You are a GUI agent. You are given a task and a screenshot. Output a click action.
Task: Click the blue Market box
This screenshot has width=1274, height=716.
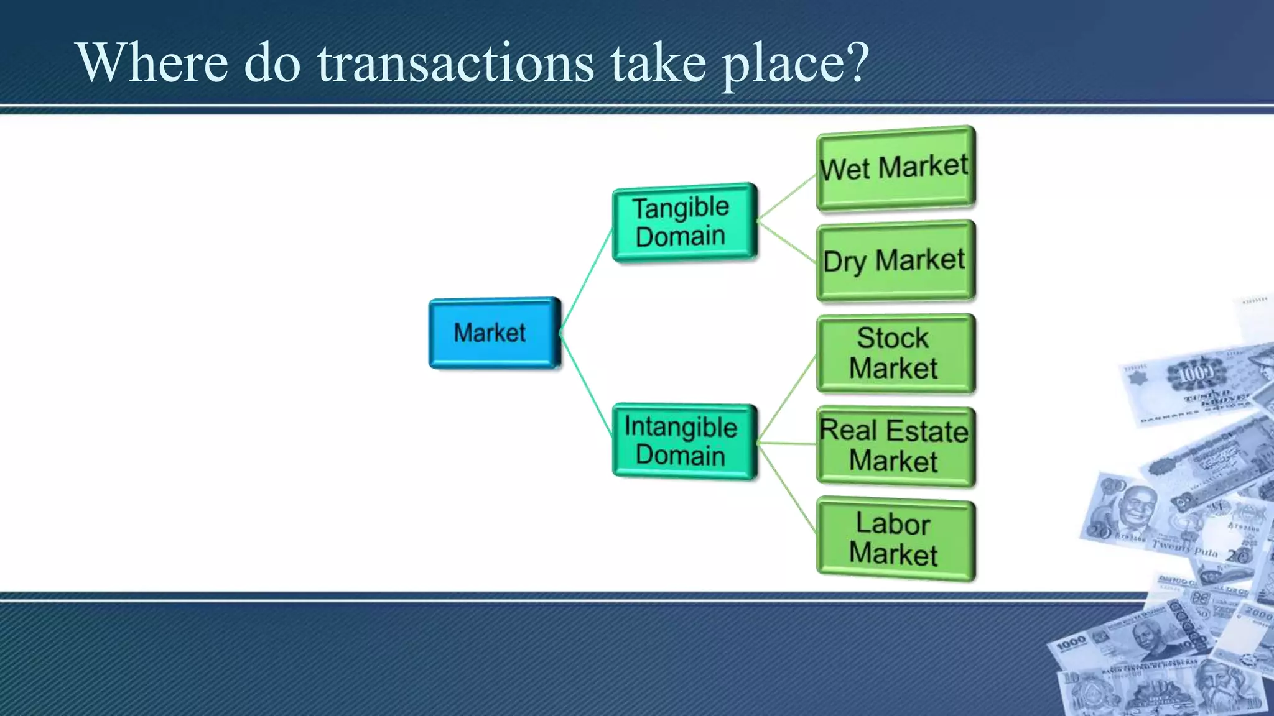[495, 333]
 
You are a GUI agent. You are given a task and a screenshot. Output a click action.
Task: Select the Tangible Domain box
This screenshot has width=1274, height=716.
[684, 222]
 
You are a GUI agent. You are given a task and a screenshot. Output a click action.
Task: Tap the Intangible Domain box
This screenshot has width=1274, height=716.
[684, 441]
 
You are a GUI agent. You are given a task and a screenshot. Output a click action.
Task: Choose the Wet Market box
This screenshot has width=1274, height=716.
[895, 168]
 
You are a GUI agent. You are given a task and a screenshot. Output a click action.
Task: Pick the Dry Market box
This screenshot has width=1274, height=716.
[895, 261]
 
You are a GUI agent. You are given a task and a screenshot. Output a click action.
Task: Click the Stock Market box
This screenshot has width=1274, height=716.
[895, 354]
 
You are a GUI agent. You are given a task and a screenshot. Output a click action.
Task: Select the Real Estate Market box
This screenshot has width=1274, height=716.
[895, 446]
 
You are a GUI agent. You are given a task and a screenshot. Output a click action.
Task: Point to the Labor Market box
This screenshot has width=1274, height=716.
[895, 539]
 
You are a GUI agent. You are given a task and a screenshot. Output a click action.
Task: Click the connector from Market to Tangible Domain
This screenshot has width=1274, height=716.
[587, 281]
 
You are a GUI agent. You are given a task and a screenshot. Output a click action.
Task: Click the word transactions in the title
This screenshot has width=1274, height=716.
[456, 63]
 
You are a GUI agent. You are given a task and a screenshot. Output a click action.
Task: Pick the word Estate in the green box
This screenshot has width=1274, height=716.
[927, 431]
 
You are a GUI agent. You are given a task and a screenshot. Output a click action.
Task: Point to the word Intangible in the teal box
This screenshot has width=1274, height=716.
[681, 427]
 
